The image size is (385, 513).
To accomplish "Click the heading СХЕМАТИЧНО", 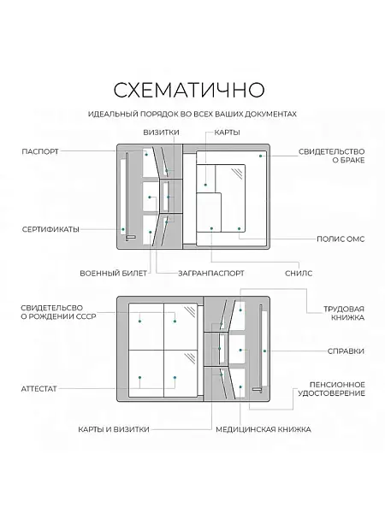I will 192,90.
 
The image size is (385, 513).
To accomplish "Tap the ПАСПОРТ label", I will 40,152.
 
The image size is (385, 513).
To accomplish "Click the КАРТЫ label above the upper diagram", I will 227,133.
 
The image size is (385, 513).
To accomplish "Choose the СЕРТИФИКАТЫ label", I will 50,229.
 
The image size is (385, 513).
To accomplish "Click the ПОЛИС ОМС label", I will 340,239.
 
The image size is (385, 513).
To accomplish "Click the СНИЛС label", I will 298,274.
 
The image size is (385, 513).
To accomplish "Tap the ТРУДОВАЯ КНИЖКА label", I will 344,312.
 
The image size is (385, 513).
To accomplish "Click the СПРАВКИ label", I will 346,351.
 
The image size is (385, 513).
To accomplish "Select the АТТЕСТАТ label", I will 38,388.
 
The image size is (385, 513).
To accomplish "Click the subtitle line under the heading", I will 192,114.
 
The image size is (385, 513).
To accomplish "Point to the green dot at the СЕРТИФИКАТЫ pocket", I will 124,229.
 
